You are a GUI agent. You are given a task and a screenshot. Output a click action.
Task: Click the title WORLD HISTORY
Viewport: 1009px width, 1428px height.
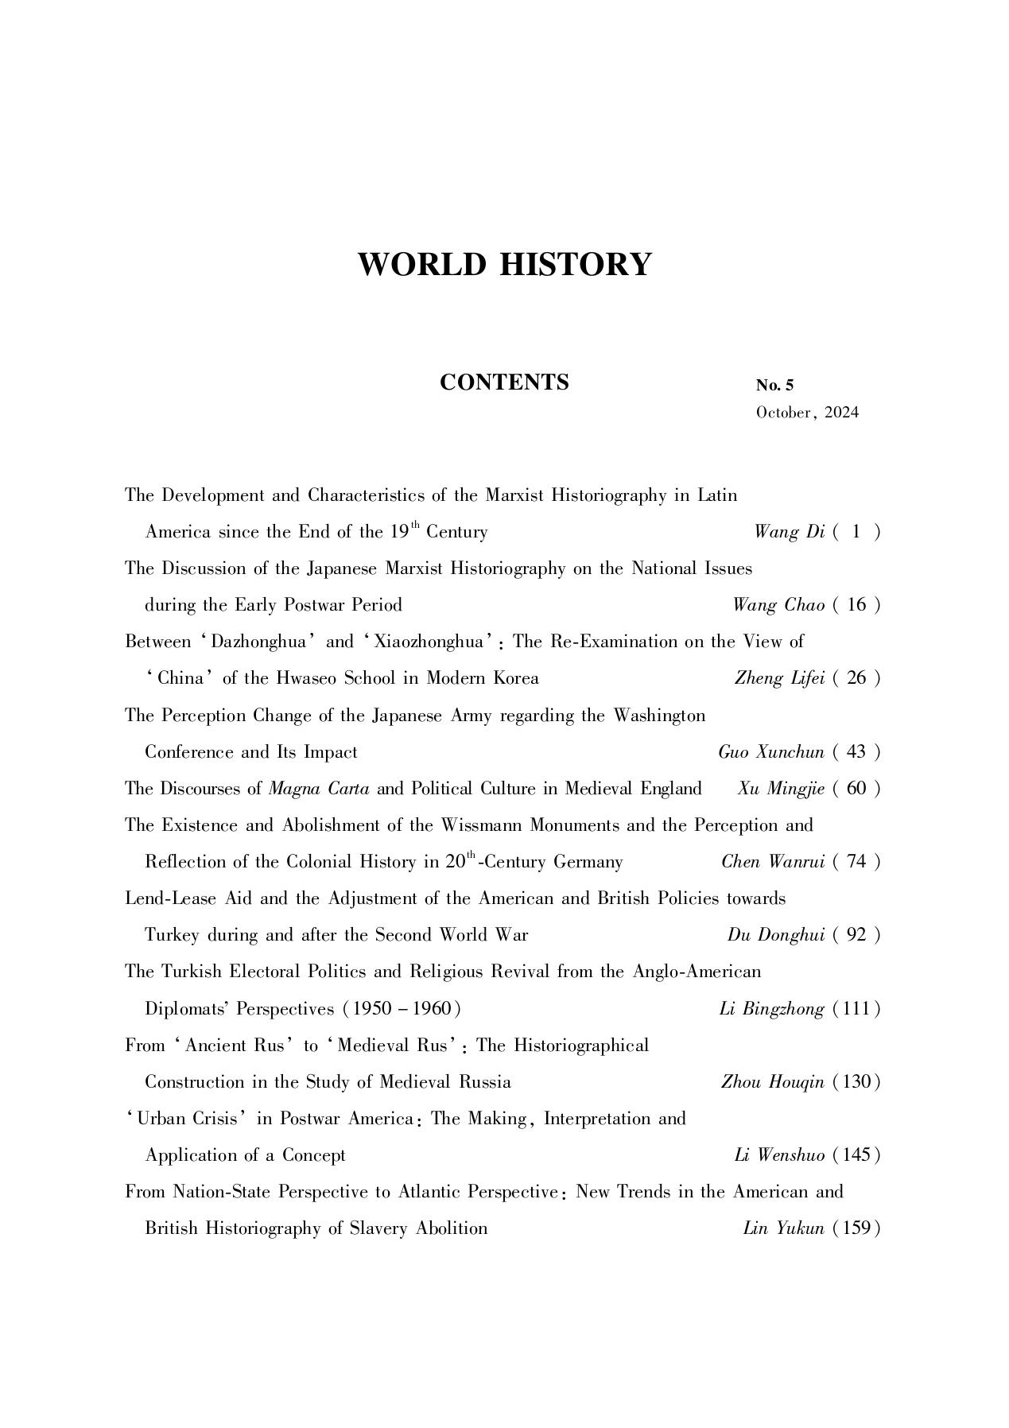click(504, 264)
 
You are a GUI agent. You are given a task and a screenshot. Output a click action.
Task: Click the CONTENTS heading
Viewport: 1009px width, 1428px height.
click(504, 382)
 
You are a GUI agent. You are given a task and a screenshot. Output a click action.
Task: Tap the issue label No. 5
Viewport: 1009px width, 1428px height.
click(774, 386)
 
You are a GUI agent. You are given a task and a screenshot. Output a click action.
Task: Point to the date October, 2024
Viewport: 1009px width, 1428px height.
click(807, 413)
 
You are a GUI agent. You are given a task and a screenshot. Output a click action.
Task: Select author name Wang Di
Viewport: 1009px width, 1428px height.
click(789, 532)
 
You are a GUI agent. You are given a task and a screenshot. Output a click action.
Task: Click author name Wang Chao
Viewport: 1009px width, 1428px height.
click(778, 605)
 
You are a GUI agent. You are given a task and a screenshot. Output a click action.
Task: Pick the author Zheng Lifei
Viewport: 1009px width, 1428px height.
click(779, 678)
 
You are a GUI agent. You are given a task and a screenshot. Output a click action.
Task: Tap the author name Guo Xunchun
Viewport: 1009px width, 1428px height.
click(770, 752)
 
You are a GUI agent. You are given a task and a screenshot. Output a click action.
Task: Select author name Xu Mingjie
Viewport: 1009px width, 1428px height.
click(781, 789)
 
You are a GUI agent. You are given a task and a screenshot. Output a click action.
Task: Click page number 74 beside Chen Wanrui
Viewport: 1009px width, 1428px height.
click(856, 862)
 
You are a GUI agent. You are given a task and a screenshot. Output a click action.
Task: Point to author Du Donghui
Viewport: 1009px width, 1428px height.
click(775, 935)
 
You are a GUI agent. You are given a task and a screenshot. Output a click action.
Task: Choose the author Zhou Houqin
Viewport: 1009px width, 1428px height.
click(772, 1082)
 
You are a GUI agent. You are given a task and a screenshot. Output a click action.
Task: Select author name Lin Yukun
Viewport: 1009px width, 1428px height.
click(783, 1228)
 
